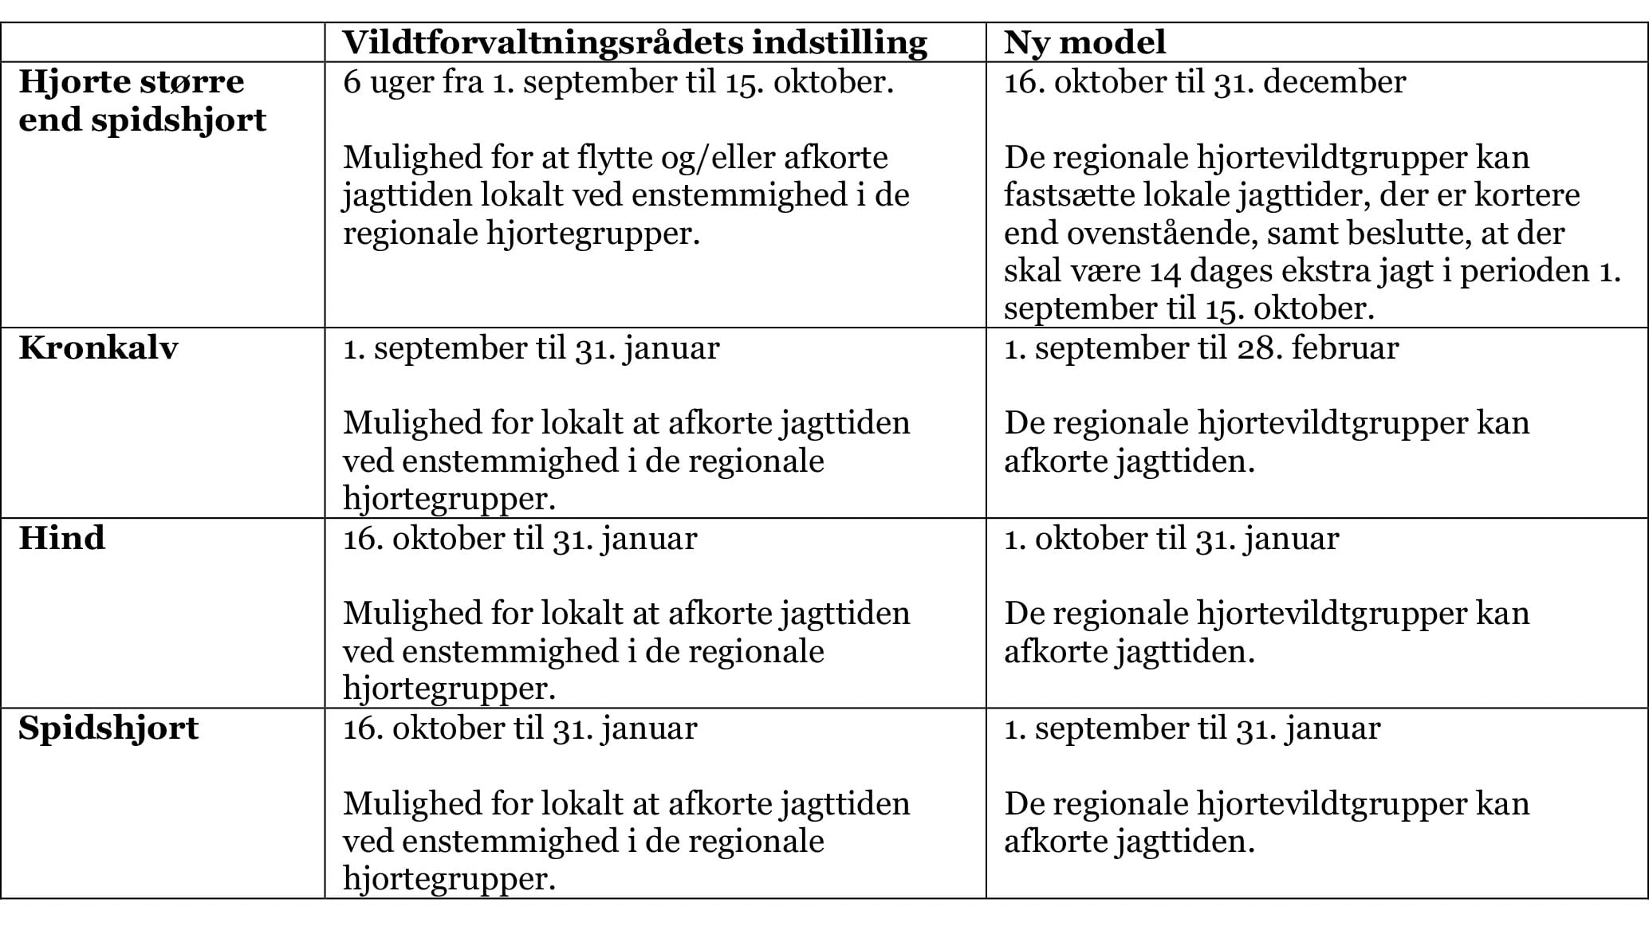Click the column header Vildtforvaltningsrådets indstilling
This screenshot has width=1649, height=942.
(635, 42)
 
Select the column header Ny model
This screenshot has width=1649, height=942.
(1084, 42)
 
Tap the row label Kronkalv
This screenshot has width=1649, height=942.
(98, 348)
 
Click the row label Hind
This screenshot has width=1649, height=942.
(61, 539)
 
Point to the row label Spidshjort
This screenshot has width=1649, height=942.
(108, 728)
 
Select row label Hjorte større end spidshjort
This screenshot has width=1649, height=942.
(142, 101)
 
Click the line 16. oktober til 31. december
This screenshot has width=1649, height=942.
(1204, 82)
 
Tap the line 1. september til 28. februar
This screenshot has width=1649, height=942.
(1200, 348)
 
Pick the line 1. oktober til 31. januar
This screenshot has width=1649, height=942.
(1171, 539)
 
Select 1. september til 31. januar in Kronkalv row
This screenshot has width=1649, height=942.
(530, 348)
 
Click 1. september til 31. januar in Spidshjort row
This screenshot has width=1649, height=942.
(1191, 728)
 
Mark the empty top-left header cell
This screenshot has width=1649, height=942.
(163, 42)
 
